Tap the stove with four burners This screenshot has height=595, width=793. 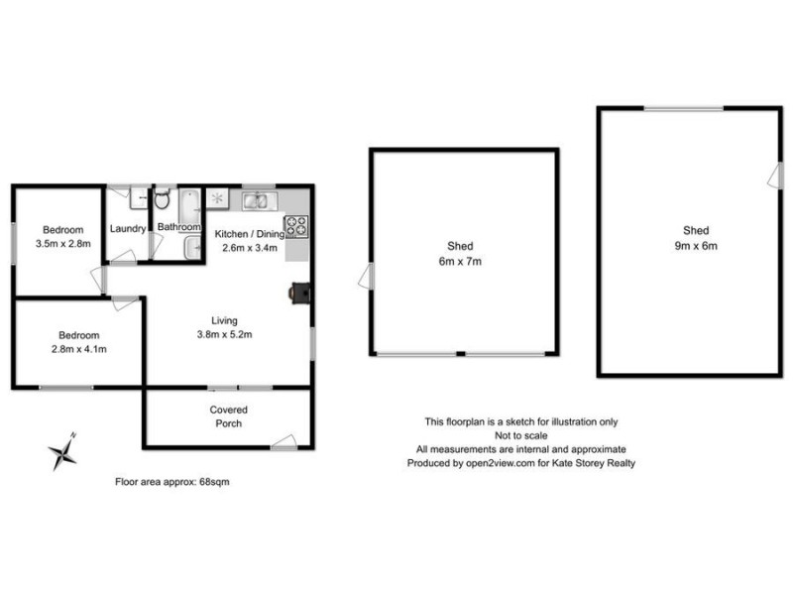click(x=296, y=227)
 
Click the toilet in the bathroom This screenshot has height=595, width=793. click(x=163, y=203)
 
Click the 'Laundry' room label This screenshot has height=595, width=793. click(x=128, y=228)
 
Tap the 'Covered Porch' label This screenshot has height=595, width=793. click(x=228, y=416)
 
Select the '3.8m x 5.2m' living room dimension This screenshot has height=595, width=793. click(x=225, y=334)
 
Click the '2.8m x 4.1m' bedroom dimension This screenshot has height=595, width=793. click(x=78, y=349)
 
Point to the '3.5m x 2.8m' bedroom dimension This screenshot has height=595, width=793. click(x=62, y=243)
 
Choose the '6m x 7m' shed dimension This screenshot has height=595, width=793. click(x=460, y=261)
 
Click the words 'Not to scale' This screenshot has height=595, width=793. click(x=522, y=434)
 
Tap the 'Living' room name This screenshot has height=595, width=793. click(x=225, y=319)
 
